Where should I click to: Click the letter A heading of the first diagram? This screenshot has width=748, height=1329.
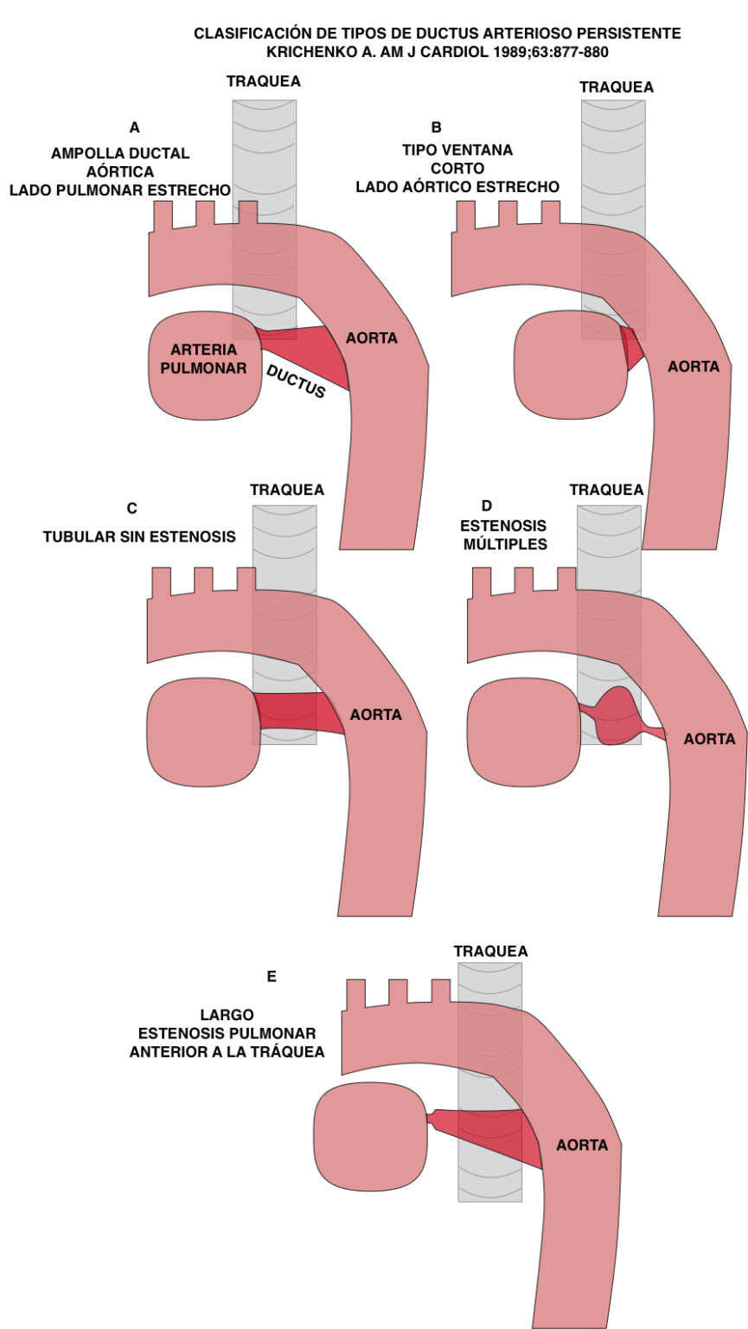tap(134, 128)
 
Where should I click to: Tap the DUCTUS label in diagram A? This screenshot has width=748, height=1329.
tap(296, 381)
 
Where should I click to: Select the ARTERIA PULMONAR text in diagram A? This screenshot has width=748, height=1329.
tap(204, 359)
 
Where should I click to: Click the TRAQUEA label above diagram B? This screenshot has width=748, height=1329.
tap(617, 87)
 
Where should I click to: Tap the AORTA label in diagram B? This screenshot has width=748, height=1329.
tap(694, 367)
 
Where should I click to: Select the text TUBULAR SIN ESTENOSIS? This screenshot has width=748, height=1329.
tap(139, 536)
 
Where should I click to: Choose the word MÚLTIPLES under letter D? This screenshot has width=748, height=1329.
tap(505, 544)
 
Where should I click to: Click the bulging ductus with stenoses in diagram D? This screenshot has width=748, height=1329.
tap(617, 716)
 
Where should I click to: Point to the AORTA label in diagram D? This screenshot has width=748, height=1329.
tap(709, 739)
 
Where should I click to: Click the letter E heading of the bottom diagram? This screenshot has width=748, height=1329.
tap(272, 976)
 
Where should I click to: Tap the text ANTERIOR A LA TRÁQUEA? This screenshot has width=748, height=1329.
tap(227, 1052)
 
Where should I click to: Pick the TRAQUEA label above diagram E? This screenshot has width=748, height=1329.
tap(490, 951)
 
